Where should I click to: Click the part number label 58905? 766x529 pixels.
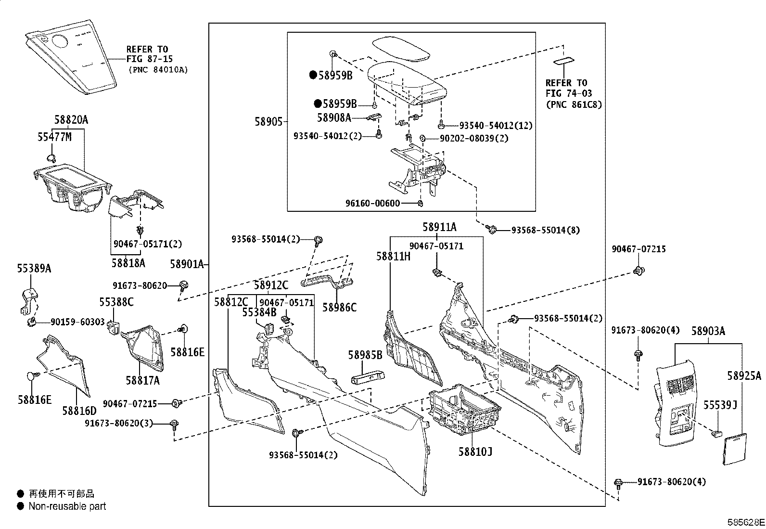point(268,121)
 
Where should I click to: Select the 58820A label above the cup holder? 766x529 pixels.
point(71,120)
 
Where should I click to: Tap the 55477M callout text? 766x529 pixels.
point(54,137)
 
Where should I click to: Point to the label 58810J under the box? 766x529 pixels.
point(475,452)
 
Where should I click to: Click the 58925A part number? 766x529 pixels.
point(744,376)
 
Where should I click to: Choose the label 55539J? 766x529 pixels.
point(720,405)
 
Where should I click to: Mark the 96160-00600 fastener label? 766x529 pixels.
point(372,203)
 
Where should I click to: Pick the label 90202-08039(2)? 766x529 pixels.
point(474,139)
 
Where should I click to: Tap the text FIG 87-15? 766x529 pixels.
point(150,59)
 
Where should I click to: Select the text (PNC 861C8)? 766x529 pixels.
point(574,104)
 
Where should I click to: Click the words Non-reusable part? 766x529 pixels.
point(67,506)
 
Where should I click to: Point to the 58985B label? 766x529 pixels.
point(365,355)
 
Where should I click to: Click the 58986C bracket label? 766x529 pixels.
point(339,308)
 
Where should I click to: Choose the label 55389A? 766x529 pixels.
point(34,269)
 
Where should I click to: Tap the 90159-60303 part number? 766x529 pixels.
point(77,322)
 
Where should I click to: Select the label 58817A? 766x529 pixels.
point(142,380)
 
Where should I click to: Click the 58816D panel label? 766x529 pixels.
point(79,411)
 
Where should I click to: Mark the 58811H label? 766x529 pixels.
point(393,256)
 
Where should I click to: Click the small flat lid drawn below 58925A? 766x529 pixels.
point(735,449)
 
